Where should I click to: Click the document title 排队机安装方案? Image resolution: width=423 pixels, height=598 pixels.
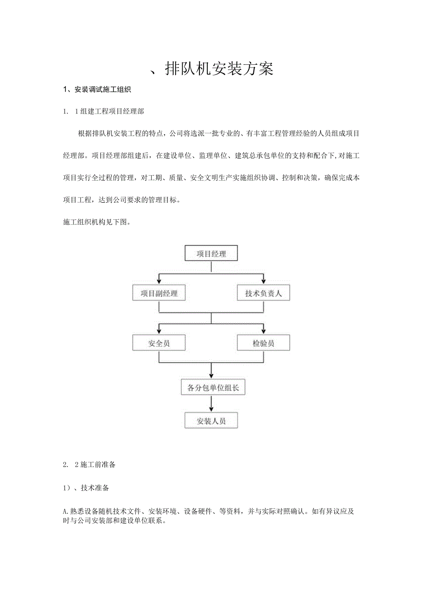[x=218, y=69]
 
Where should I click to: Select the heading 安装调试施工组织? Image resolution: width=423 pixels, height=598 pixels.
[x=100, y=90]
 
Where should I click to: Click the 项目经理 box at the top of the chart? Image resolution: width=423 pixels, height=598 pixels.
[x=211, y=253]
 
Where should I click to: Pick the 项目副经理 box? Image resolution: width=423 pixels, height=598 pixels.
[x=159, y=293]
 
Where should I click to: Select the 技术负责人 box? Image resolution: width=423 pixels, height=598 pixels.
[x=263, y=293]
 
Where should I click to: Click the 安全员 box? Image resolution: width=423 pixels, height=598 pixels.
[x=159, y=343]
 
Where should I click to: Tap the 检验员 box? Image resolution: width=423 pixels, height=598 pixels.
[x=263, y=343]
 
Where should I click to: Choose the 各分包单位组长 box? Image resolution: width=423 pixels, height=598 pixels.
[x=211, y=387]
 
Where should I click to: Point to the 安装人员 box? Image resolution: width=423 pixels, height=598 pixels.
[x=211, y=420]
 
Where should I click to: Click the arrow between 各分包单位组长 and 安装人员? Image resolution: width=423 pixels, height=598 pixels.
[x=211, y=403]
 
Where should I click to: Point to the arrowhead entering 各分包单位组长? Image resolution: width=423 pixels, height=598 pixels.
[x=211, y=376]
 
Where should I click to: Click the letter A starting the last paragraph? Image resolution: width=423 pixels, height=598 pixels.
[x=64, y=511]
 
